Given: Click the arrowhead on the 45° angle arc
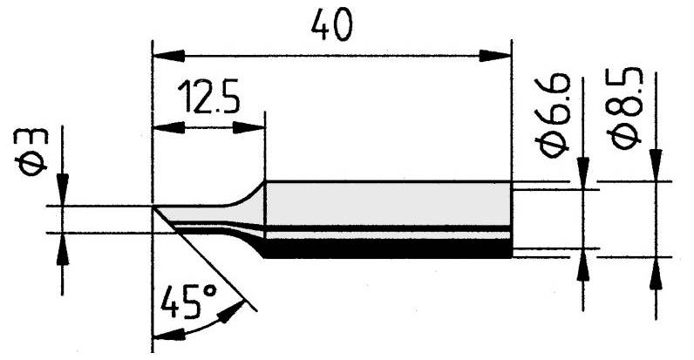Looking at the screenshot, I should [233, 311].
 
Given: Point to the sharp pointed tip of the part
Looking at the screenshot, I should [154, 207].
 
